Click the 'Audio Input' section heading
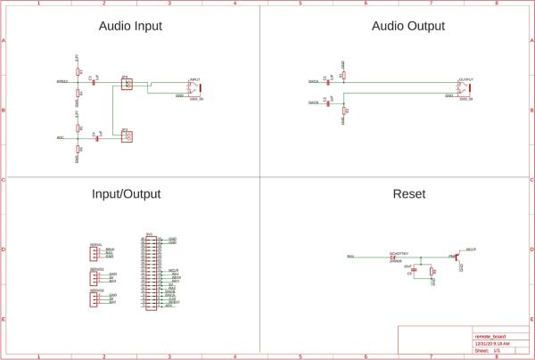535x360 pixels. click(x=130, y=27)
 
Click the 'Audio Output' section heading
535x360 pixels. click(x=407, y=27)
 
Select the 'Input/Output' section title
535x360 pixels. click(x=130, y=193)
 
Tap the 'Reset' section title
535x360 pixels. click(x=409, y=193)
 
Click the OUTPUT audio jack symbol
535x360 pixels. click(x=464, y=86)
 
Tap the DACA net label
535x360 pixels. click(x=314, y=81)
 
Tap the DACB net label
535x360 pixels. click(x=314, y=102)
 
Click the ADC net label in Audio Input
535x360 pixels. click(x=61, y=137)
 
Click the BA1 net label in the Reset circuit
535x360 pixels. click(x=350, y=257)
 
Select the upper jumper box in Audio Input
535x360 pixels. click(x=127, y=85)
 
